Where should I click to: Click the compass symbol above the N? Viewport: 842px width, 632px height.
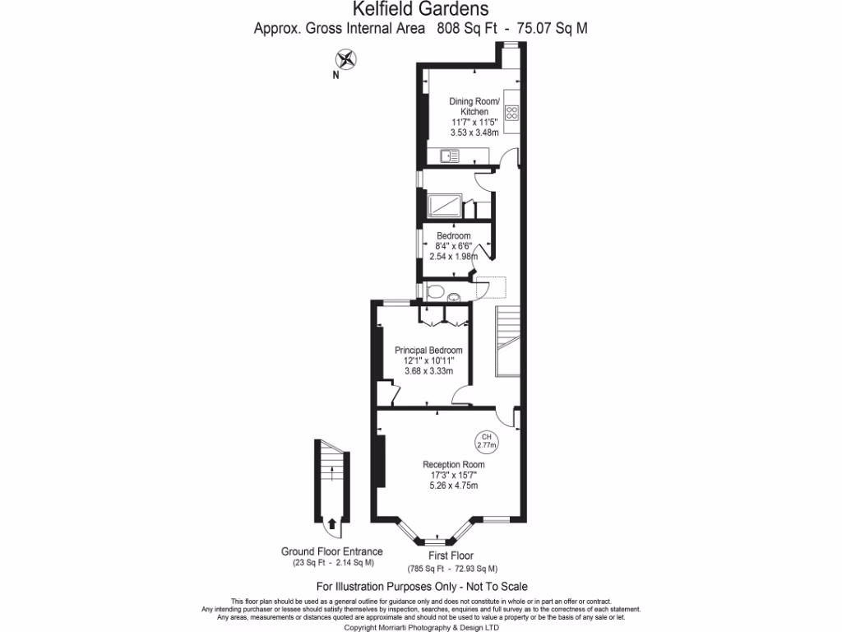(347, 58)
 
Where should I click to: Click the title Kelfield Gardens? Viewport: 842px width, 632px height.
(420, 10)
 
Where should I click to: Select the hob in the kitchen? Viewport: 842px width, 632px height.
(511, 113)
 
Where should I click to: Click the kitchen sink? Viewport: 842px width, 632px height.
(449, 156)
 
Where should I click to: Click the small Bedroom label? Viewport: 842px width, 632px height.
(453, 236)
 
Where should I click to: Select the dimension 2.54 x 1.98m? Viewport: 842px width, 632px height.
(453, 256)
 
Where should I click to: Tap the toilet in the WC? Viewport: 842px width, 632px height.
(436, 290)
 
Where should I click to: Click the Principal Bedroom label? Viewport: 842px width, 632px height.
(423, 350)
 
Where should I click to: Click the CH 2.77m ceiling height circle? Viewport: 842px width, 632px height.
(487, 441)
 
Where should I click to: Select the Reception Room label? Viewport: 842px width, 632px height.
(448, 464)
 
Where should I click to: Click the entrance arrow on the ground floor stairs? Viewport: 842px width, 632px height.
(331, 523)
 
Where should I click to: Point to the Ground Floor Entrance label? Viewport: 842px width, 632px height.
(331, 551)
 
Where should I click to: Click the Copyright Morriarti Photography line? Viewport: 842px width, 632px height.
(420, 627)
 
